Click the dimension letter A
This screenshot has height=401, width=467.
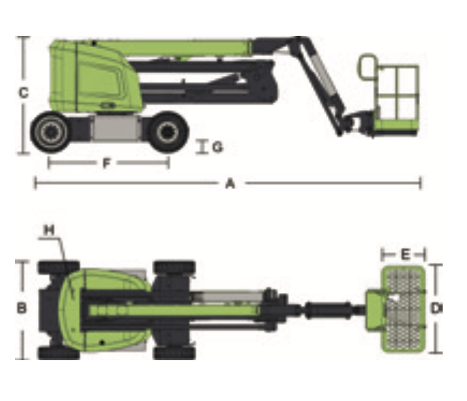[x=230, y=183]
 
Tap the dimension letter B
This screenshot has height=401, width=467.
[x=21, y=308]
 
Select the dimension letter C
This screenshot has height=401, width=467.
[x=24, y=93]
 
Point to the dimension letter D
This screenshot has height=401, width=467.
[x=435, y=309]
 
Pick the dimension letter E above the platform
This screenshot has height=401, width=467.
[x=405, y=255]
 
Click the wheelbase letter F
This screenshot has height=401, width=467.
[x=106, y=163]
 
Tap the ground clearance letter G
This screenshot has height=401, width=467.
[x=218, y=147]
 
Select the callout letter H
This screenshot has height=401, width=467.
[x=49, y=230]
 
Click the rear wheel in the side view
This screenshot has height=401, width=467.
[x=51, y=132]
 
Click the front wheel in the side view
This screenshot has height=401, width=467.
[x=168, y=132]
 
